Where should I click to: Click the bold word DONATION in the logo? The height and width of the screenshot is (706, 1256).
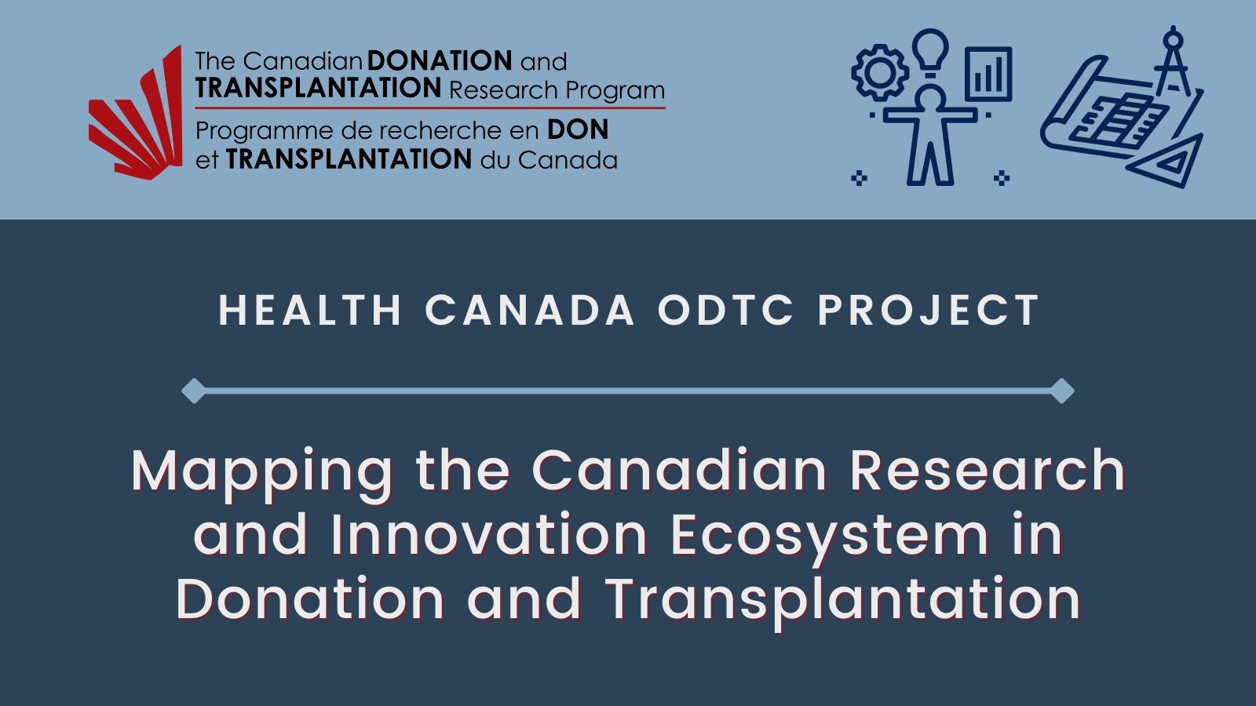point(440,60)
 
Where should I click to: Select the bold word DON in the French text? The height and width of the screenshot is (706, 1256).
point(578,129)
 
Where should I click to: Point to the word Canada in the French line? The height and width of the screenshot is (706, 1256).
point(568,160)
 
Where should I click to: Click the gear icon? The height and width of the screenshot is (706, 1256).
point(880,72)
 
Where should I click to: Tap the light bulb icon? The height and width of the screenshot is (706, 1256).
point(931,52)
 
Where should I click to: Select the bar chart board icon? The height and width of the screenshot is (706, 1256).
point(988,75)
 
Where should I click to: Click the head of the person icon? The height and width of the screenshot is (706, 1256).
point(930,100)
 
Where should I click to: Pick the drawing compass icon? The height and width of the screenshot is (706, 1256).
point(1173,62)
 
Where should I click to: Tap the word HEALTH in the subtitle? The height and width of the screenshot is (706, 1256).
point(310,310)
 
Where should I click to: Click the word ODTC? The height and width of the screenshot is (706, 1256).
point(725,310)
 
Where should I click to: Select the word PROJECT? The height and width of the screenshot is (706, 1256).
point(929,310)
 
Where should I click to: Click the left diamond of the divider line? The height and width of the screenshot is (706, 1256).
point(194,391)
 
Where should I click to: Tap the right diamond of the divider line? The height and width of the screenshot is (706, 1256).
point(1062,391)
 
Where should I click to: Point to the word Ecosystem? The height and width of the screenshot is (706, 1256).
point(829,537)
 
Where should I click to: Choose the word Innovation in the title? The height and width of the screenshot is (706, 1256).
point(490,534)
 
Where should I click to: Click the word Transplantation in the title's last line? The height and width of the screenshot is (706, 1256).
point(843,601)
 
